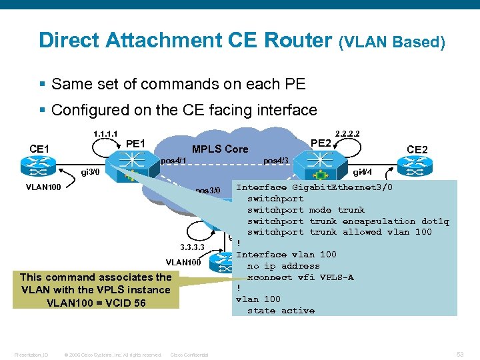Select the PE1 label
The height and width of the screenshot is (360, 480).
click(x=135, y=143)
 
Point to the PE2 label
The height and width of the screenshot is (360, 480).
click(x=321, y=143)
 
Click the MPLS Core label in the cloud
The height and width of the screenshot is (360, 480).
click(x=220, y=149)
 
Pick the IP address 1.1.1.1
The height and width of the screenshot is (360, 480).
click(x=107, y=134)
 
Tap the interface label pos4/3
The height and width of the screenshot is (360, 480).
click(x=275, y=161)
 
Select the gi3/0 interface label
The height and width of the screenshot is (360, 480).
click(x=90, y=172)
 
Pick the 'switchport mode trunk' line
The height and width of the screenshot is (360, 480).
click(x=306, y=209)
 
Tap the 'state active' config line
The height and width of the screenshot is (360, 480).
click(x=281, y=311)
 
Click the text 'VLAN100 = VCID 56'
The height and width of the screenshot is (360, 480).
click(x=95, y=302)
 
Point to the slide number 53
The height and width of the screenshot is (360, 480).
click(x=459, y=355)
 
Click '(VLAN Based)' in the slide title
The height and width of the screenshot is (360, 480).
click(x=392, y=43)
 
